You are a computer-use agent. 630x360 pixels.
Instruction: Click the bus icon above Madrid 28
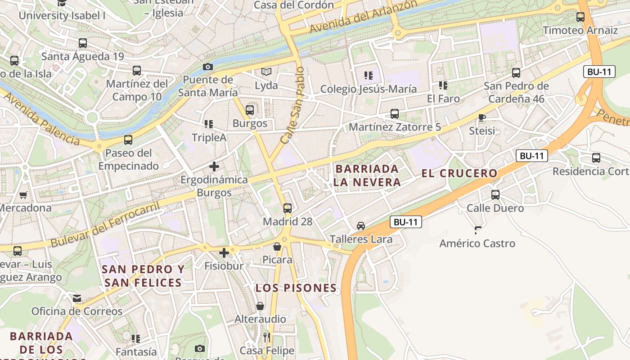(288, 208)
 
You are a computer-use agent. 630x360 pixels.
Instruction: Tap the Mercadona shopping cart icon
(23, 195)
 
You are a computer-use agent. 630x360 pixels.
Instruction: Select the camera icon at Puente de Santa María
(207, 67)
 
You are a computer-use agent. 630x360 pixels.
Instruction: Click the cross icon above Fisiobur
(224, 252)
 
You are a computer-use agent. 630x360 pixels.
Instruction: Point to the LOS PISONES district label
(296, 288)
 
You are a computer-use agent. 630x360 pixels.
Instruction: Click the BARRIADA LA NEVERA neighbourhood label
(367, 175)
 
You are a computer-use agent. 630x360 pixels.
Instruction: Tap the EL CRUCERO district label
(459, 173)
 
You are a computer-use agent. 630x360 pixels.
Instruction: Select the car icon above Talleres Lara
(360, 226)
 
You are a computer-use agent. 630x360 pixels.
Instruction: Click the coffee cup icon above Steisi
(482, 117)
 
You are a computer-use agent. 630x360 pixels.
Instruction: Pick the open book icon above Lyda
(266, 72)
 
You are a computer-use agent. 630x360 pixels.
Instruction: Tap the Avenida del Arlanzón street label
(363, 17)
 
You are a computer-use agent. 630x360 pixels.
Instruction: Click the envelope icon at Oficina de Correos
(77, 298)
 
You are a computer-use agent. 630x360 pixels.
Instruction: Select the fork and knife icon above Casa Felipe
(267, 337)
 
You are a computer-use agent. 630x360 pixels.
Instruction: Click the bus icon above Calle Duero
(495, 195)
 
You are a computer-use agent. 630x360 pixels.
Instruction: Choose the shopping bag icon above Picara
(277, 247)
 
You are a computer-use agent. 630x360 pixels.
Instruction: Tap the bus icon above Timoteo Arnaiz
(580, 17)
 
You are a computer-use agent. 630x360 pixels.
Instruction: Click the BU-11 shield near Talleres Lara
(405, 221)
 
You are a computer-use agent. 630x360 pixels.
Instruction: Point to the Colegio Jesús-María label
(368, 89)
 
